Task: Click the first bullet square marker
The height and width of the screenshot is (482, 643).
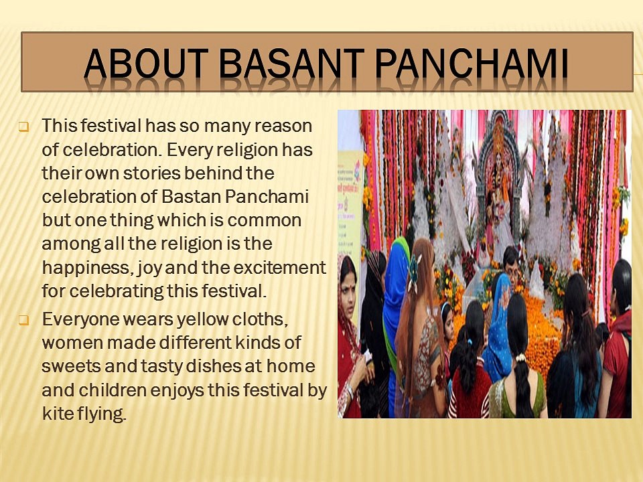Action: pyautogui.click(x=23, y=127)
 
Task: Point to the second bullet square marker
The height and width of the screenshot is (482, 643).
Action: pyautogui.click(x=23, y=320)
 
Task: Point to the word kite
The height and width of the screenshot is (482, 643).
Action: pyautogui.click(x=57, y=414)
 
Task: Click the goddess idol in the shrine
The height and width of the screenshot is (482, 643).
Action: pyautogui.click(x=498, y=185)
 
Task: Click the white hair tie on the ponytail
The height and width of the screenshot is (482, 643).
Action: pyautogui.click(x=520, y=357)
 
